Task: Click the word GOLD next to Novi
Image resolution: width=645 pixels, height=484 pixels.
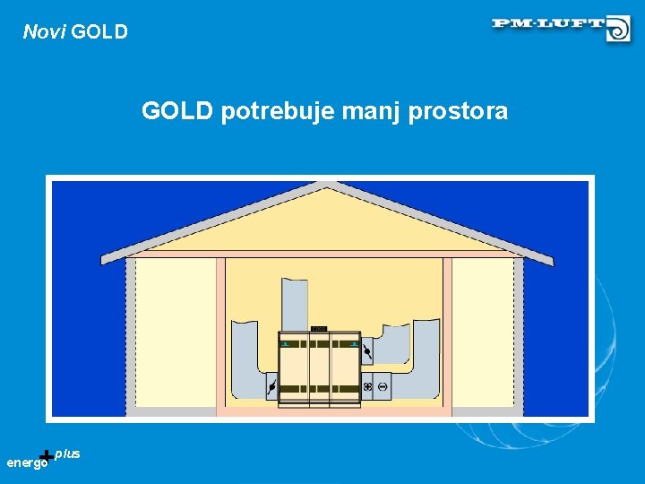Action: pos(99,32)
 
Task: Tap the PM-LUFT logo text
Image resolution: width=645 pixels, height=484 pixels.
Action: pos(547,23)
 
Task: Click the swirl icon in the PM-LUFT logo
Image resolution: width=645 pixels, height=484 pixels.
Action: pos(618,29)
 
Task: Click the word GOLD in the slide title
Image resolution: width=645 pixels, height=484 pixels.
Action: pos(176,111)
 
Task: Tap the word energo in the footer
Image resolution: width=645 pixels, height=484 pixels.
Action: pos(26,463)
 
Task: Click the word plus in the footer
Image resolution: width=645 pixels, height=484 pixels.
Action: pos(67,454)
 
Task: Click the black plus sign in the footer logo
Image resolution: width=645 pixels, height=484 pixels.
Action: pos(47,457)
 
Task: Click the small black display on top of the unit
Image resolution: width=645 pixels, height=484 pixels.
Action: pos(320,329)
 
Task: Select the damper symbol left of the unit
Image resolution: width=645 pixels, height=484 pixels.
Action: pos(271,387)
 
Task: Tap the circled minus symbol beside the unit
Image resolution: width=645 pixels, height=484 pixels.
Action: pos(382,386)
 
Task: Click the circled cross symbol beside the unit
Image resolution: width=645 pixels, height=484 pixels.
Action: pos(367,386)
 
